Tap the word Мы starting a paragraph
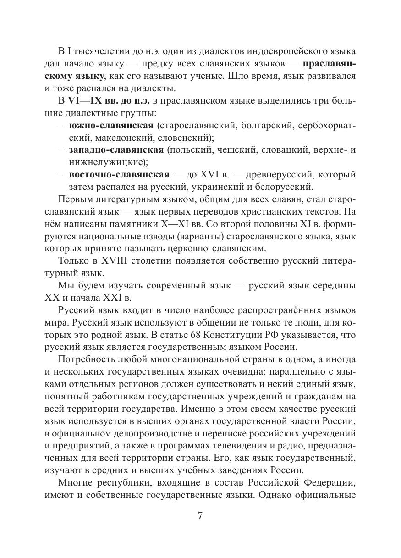click(65, 286)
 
